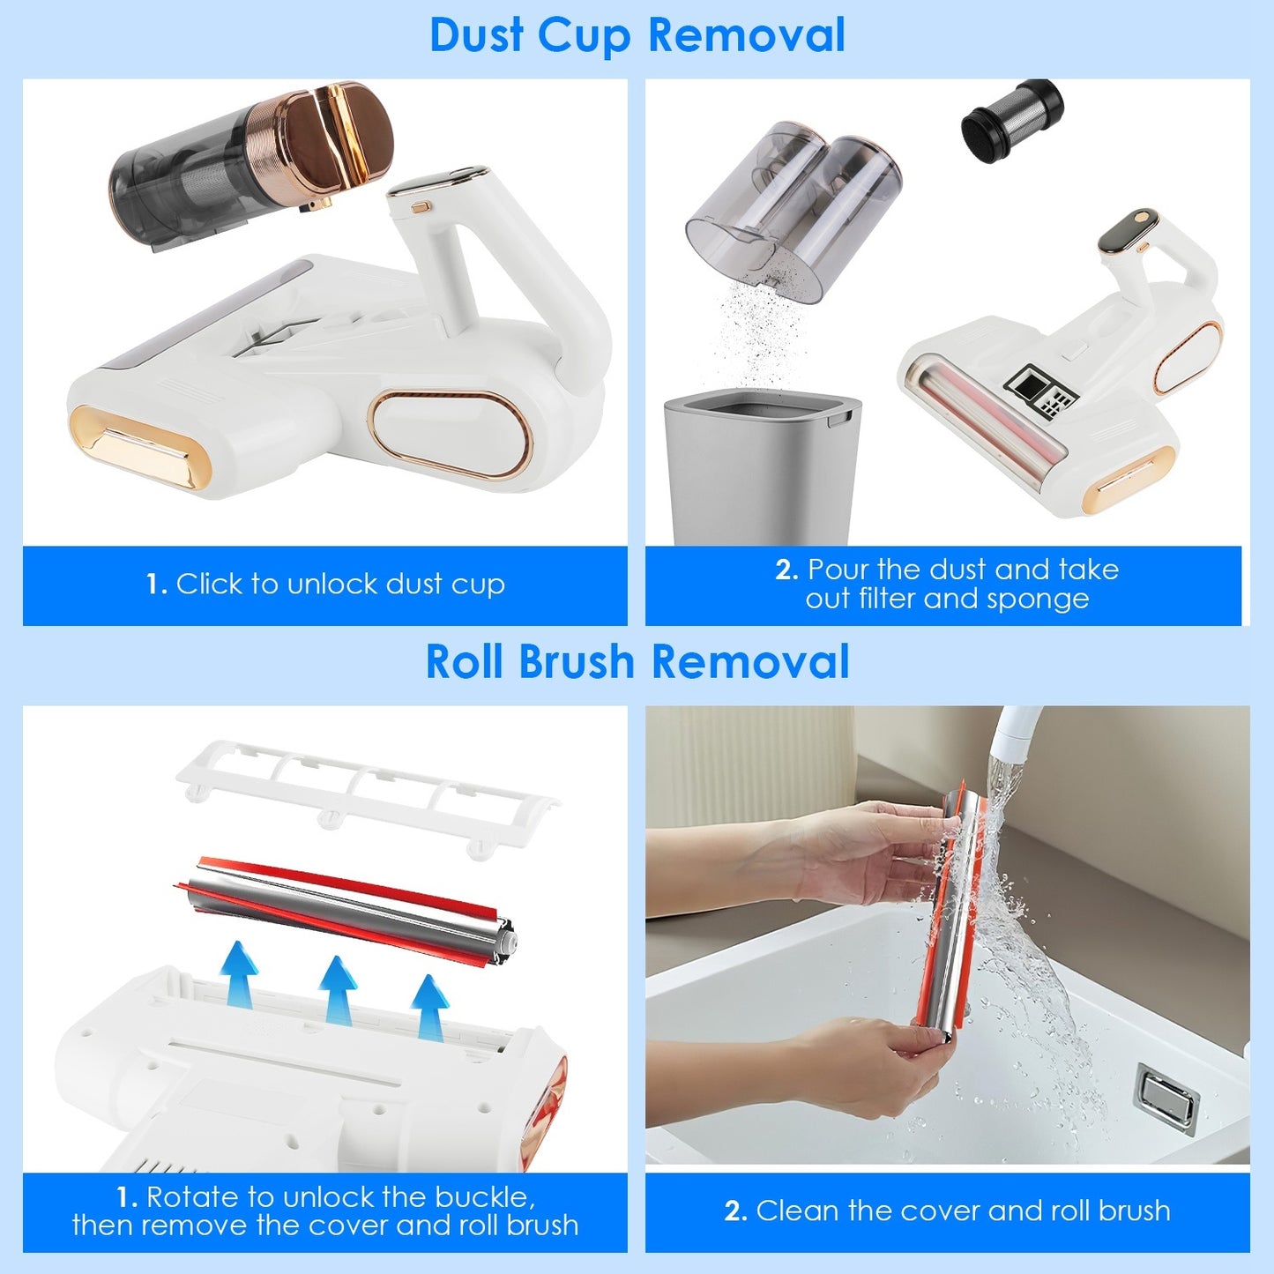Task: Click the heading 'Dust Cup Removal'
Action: tap(637, 36)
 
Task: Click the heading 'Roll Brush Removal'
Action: tap(637, 662)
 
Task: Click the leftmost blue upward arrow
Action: tap(238, 973)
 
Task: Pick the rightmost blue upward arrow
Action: tap(429, 1006)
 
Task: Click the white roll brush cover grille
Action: tap(366, 794)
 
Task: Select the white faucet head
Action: tap(1014, 732)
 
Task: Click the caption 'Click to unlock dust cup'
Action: tap(325, 584)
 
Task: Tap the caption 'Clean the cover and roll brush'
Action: tap(947, 1211)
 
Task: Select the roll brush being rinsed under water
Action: tap(949, 908)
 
